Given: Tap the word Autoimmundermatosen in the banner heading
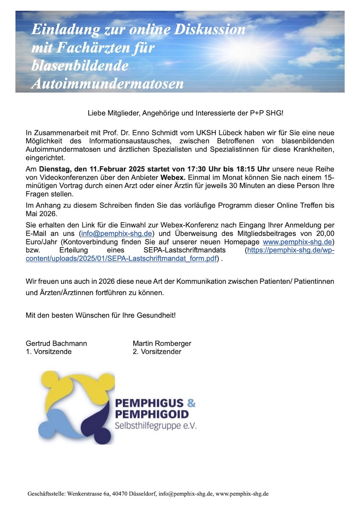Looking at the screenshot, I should pyautogui.click(x=107, y=84).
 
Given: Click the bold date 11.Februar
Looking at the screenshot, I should pyautogui.click(x=103, y=169).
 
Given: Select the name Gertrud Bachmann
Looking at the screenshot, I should pyautogui.click(x=56, y=343).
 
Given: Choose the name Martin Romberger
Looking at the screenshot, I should pyautogui.click(x=162, y=343).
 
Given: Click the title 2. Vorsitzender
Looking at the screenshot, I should pyautogui.click(x=157, y=352).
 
